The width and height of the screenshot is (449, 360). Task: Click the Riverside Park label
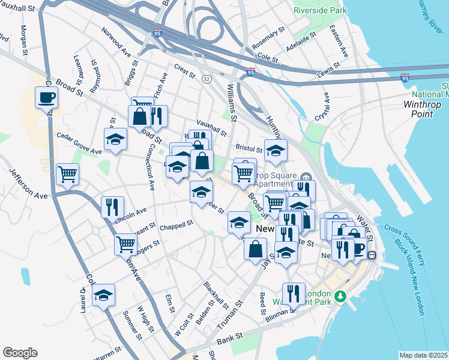pyautogui.click(x=319, y=10)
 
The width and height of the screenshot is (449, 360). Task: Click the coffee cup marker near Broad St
pyautogui.click(x=46, y=97)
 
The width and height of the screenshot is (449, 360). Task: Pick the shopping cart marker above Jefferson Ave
pyautogui.click(x=67, y=174)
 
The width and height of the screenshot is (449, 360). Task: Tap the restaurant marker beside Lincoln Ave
pyautogui.click(x=112, y=207)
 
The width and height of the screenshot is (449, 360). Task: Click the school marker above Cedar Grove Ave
pyautogui.click(x=115, y=139)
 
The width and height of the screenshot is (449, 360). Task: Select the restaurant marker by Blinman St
pyautogui.click(x=294, y=293)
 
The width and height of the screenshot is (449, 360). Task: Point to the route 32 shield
pyautogui.click(x=206, y=79)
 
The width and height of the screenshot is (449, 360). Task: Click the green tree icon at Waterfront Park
pyautogui.click(x=340, y=296)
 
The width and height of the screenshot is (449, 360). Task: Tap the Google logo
pyautogui.click(x=20, y=353)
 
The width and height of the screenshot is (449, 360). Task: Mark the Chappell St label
pyautogui.click(x=176, y=224)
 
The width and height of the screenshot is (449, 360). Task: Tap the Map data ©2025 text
pyautogui.click(x=424, y=355)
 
